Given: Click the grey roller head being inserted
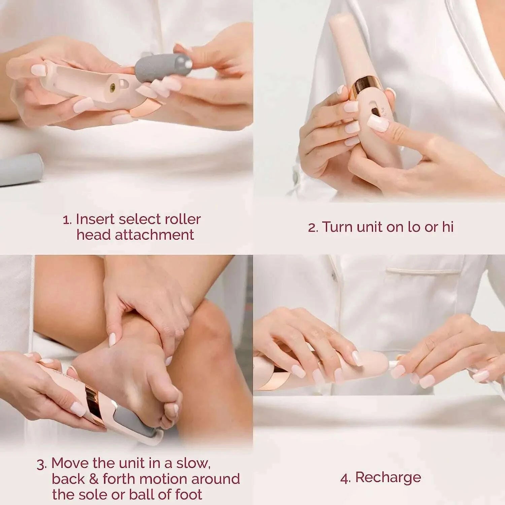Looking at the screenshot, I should pyautogui.click(x=162, y=67).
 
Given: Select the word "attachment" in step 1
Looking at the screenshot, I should pyautogui.click(x=155, y=235).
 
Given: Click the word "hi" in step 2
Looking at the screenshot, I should pyautogui.click(x=447, y=227).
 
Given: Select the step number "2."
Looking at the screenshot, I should pyautogui.click(x=313, y=228).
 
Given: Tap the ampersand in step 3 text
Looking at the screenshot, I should pyautogui.click(x=93, y=479).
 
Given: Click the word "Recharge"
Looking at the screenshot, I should pyautogui.click(x=388, y=477).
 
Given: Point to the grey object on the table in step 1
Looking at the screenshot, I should pyautogui.click(x=20, y=169).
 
